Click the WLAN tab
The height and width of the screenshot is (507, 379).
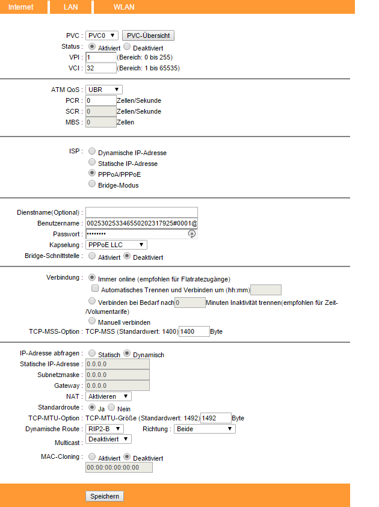pos(123,7)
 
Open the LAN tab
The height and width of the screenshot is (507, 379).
pos(71,7)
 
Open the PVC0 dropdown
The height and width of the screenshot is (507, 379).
pos(102,35)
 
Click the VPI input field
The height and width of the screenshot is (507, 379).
pos(100,57)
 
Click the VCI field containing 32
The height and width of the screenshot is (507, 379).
pos(100,68)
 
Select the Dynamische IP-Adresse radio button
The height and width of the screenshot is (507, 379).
pos(92,152)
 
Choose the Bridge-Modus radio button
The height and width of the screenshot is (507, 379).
pos(92,184)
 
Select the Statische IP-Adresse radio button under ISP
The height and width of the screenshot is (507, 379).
pos(92,162)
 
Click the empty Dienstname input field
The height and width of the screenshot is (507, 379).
pos(141,212)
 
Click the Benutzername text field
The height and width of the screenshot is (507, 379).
pos(141,223)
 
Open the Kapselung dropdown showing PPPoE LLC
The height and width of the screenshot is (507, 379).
pos(116,245)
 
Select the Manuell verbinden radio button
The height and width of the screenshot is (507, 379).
pos(92,321)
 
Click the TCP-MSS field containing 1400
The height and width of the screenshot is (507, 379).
pos(194,331)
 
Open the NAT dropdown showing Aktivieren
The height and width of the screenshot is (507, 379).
pos(108,396)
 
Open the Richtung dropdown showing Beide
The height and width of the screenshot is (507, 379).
pos(204,429)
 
